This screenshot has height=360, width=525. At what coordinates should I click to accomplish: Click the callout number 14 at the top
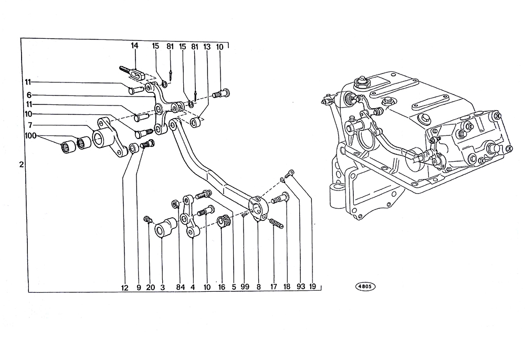134,46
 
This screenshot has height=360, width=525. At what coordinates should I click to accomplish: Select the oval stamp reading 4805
365,287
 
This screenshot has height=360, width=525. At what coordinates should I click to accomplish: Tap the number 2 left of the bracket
22,165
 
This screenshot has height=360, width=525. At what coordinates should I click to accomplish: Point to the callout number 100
30,136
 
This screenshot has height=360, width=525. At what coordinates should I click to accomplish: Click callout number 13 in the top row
207,47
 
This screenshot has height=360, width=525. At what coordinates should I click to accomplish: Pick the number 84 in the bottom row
181,287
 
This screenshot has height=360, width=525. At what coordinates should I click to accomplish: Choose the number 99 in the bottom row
245,287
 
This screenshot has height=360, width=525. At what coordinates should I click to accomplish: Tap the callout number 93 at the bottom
301,287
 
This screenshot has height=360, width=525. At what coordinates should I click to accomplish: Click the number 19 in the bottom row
313,287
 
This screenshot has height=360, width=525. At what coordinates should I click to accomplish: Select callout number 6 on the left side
29,95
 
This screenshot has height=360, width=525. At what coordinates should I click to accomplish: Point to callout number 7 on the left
30,125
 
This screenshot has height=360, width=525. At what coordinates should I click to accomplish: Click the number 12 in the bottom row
124,288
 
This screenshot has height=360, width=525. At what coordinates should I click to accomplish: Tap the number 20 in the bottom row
151,288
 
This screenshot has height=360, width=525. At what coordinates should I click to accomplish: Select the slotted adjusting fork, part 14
133,73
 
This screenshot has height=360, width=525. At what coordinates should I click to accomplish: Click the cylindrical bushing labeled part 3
165,228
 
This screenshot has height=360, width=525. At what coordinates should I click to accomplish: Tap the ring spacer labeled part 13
195,122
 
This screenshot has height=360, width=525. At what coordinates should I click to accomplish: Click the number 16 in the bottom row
222,287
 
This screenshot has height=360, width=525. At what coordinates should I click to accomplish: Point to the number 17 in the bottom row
274,287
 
